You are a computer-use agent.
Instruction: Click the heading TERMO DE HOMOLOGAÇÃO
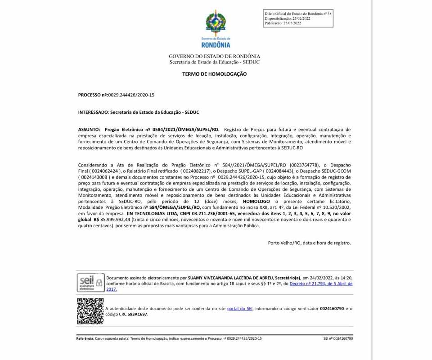(x=214, y=74)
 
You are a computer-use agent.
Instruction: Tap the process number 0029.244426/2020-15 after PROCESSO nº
(x=131, y=95)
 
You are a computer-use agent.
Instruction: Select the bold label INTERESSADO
(x=93, y=112)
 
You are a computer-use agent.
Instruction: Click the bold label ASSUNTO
(x=89, y=129)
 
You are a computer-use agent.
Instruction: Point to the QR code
(x=90, y=311)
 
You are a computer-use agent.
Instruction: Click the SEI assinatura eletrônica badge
(x=90, y=283)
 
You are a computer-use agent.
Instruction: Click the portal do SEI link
(x=240, y=308)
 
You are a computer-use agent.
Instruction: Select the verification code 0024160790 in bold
(x=332, y=308)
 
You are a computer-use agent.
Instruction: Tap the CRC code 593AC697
(x=138, y=314)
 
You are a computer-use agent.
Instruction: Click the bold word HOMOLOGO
(x=256, y=202)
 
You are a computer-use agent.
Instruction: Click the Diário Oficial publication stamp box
(x=298, y=18)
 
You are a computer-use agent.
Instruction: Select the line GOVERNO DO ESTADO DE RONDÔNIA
(x=214, y=56)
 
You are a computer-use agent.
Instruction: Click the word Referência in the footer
(x=85, y=338)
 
